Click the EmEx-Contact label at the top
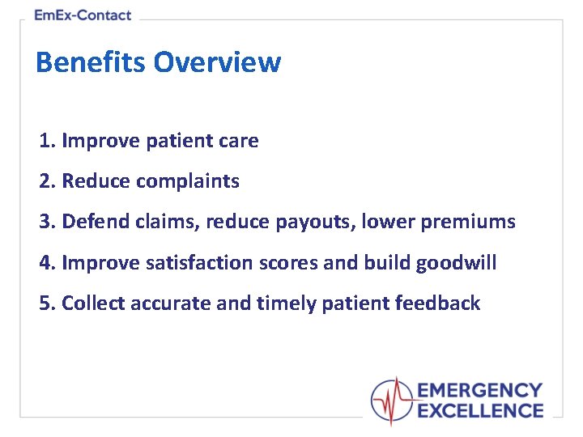[x=83, y=15]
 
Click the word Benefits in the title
[x=91, y=62]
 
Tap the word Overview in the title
[x=218, y=62]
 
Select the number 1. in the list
[x=48, y=141]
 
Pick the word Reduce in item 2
[x=96, y=181]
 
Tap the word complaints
[x=188, y=182]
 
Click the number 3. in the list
[x=48, y=221]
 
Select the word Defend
[x=96, y=221]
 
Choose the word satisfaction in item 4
[x=199, y=262]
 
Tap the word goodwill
[x=456, y=263]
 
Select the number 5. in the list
[x=48, y=303]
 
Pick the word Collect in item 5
[x=93, y=303]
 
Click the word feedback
[x=437, y=303]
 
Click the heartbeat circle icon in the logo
[x=392, y=401]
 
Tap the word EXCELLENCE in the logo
[x=480, y=411]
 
